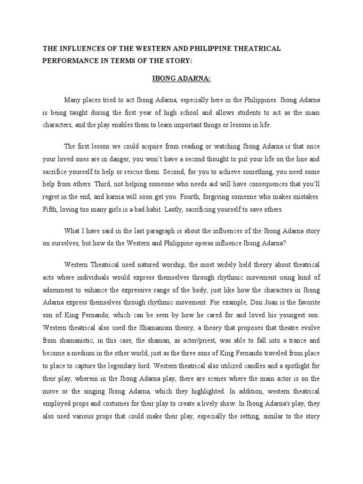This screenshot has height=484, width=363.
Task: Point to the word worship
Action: click(170, 263)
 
